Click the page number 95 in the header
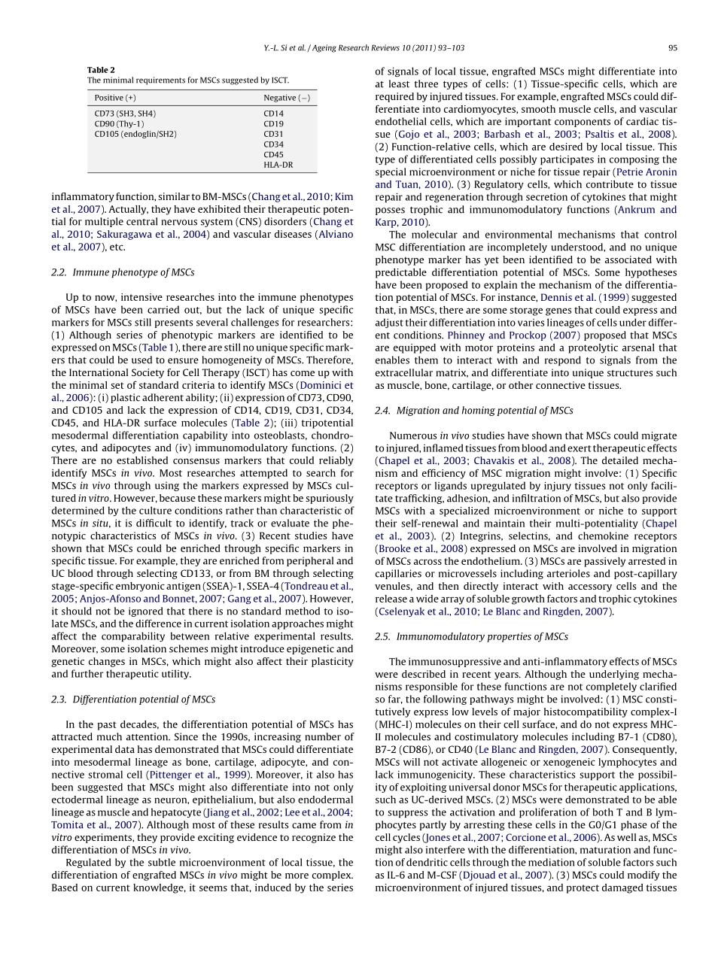672,47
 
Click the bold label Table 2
101,69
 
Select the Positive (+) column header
115,98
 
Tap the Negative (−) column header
286,98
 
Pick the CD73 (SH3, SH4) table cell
125,114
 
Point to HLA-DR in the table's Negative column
278,164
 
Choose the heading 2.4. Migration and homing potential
473,411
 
